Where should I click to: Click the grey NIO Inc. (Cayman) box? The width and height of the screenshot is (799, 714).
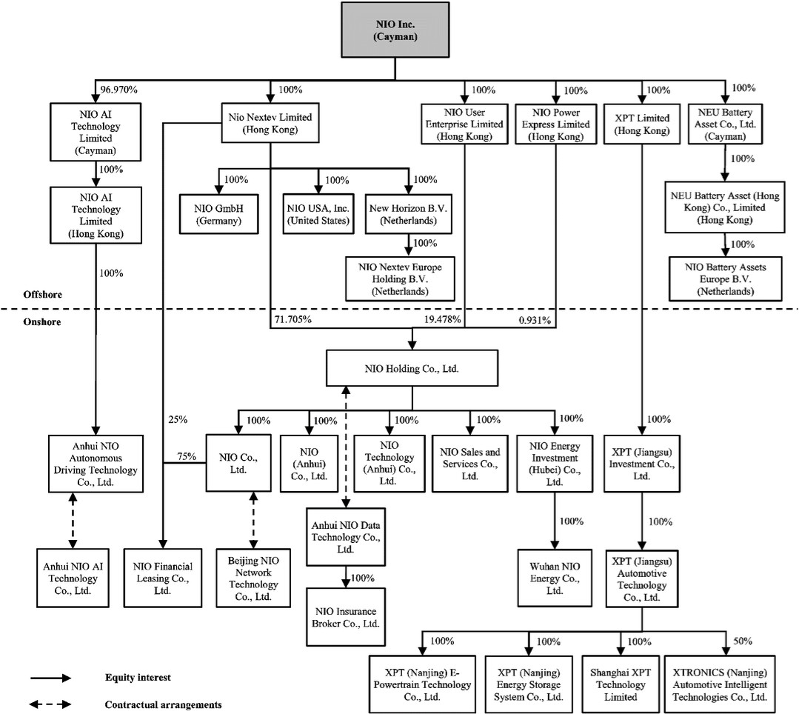tap(395, 30)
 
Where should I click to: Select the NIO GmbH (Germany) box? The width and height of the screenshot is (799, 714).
tap(218, 214)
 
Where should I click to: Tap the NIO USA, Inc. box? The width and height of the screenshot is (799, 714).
tap(318, 214)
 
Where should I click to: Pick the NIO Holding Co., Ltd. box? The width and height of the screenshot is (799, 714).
tap(412, 367)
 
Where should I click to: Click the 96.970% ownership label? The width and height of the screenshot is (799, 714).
tap(118, 90)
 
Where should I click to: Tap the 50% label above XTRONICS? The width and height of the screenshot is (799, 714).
tap(743, 640)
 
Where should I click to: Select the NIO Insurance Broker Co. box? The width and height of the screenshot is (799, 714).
tap(345, 617)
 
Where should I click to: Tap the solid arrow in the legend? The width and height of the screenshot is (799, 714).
tap(50, 678)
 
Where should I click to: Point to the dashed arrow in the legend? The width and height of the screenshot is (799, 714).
tap(50, 704)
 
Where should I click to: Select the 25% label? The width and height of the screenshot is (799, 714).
tap(178, 420)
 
